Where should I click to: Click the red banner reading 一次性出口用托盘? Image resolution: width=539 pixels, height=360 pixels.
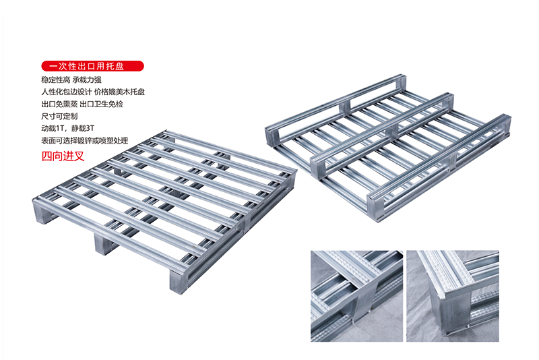pyautogui.click(x=92, y=66)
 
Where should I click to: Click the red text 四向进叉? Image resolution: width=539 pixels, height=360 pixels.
pyautogui.click(x=63, y=156)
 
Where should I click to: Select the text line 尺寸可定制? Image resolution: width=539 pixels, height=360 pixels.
pyautogui.click(x=59, y=116)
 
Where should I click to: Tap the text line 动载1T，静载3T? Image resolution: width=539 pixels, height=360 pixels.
pyautogui.click(x=68, y=128)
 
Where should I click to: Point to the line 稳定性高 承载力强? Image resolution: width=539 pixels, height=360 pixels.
pyautogui.click(x=71, y=80)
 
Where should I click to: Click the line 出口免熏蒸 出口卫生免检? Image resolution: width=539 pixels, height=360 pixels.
pyautogui.click(x=82, y=104)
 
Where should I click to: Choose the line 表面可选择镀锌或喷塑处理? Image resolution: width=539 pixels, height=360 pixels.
pyautogui.click(x=85, y=140)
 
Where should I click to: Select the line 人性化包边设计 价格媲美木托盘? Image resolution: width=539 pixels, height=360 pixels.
pyautogui.click(x=93, y=92)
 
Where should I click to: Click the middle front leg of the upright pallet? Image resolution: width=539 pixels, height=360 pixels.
pyautogui.click(x=103, y=243)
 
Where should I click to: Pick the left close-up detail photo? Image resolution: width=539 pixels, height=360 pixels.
pyautogui.click(x=357, y=296)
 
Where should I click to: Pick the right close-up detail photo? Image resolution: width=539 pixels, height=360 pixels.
pyautogui.click(x=453, y=296)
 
